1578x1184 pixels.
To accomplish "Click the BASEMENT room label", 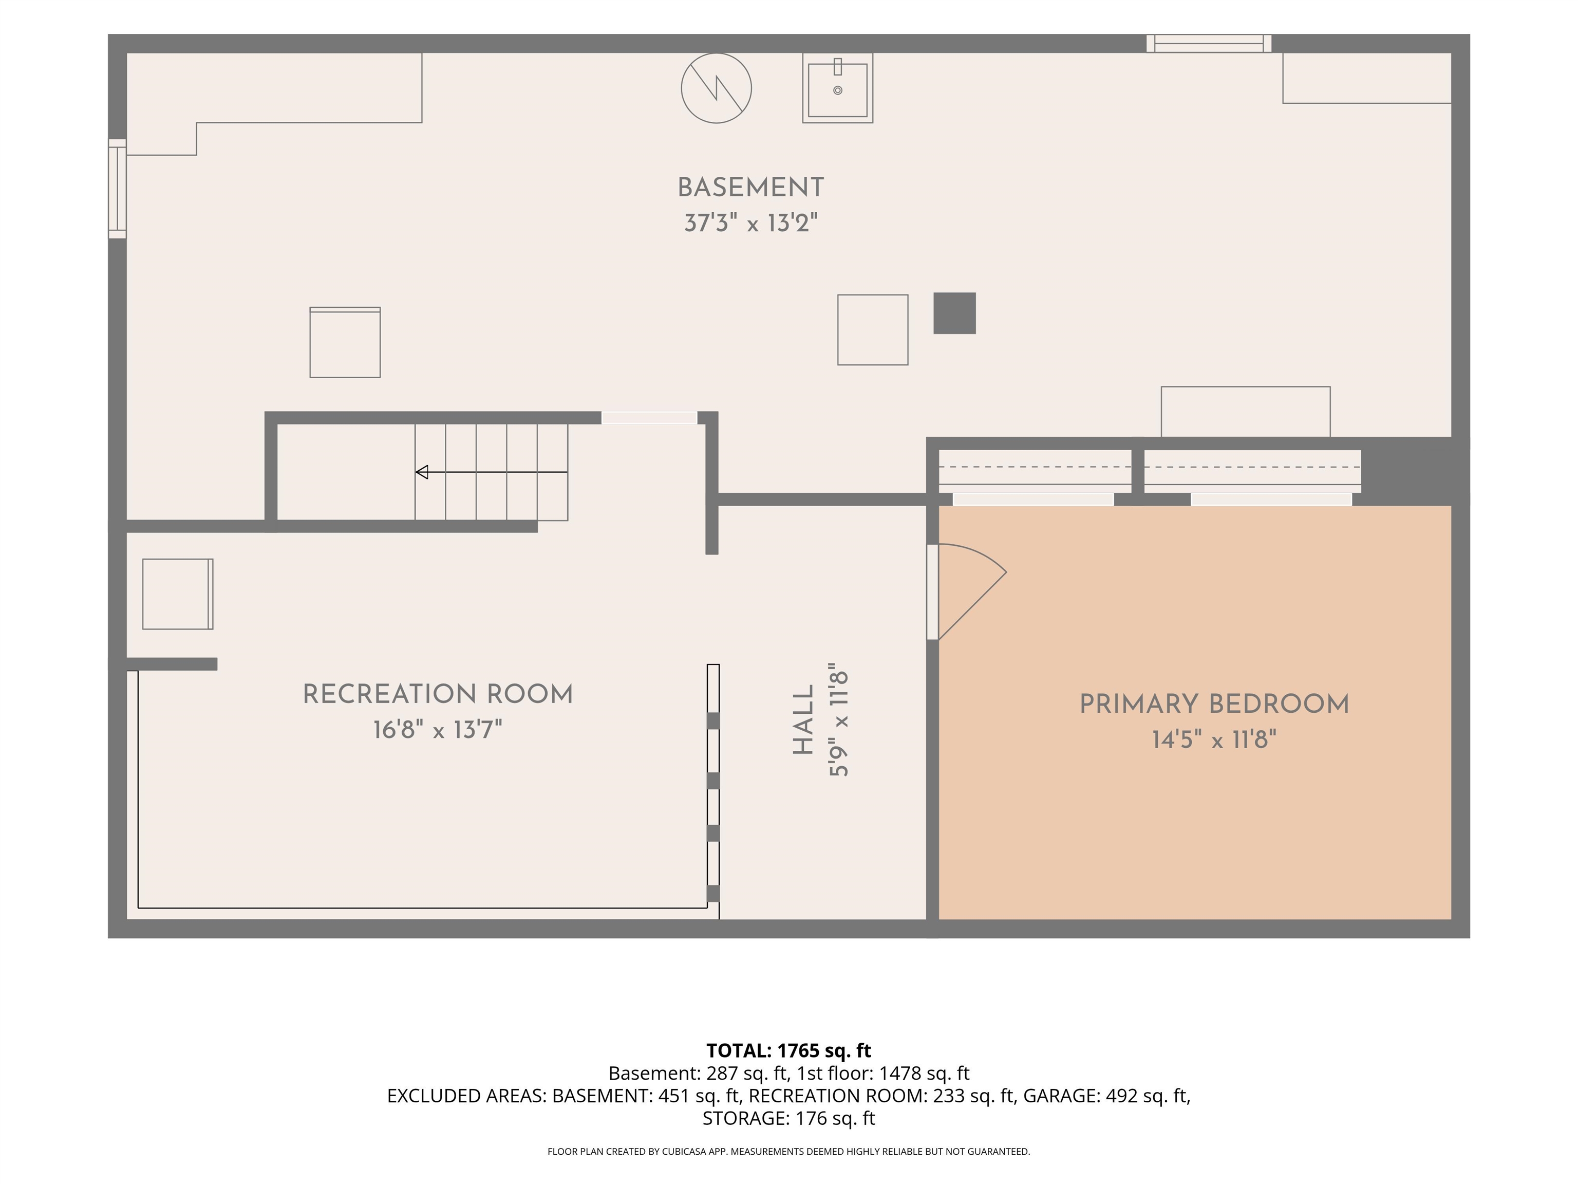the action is coord(750,188).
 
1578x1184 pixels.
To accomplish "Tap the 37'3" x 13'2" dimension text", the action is coord(750,224).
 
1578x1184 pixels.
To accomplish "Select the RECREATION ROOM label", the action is coord(438,694).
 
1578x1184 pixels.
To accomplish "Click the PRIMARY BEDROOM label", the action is coord(1214,705).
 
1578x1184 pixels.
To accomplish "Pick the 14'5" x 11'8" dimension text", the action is coord(1214,740).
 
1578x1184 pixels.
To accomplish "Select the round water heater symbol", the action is coord(716,88).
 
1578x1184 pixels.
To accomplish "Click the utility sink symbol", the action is coord(837,88).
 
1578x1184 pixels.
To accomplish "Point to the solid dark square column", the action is coord(954,313).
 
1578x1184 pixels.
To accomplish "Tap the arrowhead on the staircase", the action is coord(422,472).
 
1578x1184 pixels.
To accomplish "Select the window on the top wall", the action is coord(1209,44).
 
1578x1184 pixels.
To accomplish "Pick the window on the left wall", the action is coord(118,189).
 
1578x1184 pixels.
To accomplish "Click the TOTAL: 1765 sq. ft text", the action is coord(789,1050).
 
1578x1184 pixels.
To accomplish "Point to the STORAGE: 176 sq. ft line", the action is coord(789,1118).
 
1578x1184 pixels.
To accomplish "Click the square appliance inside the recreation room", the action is coord(178,594).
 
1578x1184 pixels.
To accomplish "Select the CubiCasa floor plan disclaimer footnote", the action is coord(789,1151).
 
